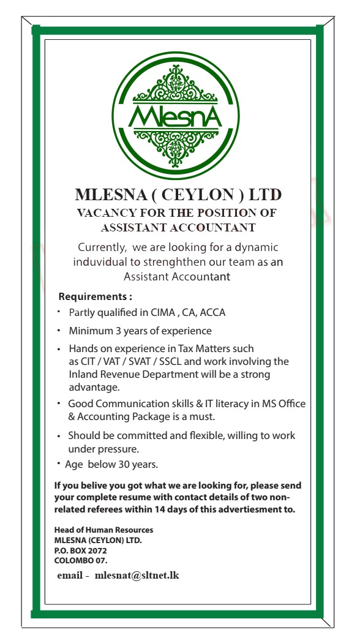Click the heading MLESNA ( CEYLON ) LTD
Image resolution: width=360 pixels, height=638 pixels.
(x=178, y=195)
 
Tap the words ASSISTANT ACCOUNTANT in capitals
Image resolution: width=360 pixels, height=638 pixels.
(x=178, y=228)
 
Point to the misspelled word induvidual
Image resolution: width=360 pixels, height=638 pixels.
(x=102, y=262)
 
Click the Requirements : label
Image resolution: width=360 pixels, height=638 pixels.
(x=95, y=296)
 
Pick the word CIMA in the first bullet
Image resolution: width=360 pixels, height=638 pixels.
(x=163, y=312)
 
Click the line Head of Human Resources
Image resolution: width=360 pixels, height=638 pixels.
(x=103, y=530)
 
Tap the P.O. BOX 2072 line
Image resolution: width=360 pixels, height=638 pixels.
(x=76, y=550)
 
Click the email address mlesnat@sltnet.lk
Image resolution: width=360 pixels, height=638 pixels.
(x=137, y=576)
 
